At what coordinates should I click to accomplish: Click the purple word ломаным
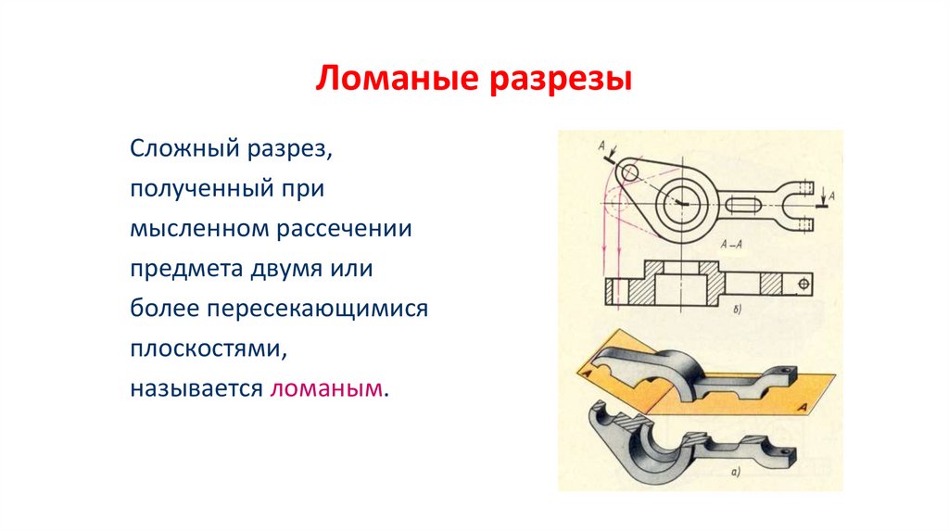326,387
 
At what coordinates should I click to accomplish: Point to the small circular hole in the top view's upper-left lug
629,172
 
